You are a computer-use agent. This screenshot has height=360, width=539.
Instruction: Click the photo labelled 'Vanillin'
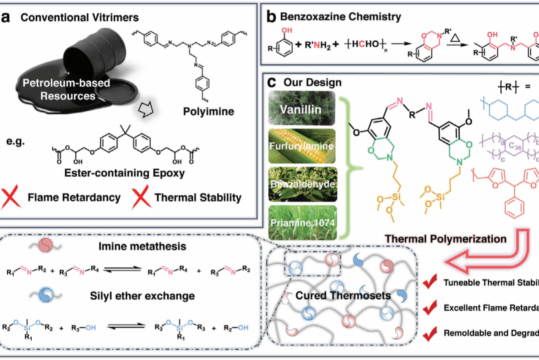tap(302, 108)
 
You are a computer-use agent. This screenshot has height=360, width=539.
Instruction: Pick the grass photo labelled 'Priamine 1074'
tap(302, 223)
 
